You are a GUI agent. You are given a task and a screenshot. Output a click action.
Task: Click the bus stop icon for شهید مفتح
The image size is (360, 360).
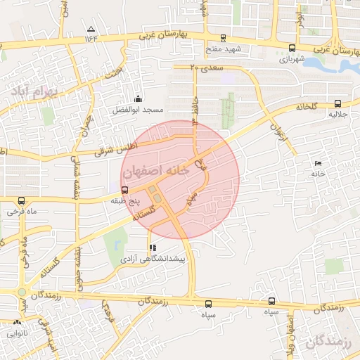pyautogui.click(x=224, y=39)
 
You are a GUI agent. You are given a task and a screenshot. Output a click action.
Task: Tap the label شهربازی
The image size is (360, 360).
pyautogui.click(x=292, y=59)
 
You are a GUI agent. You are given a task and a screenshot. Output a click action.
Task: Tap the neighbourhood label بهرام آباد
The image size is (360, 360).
pyautogui.click(x=40, y=91)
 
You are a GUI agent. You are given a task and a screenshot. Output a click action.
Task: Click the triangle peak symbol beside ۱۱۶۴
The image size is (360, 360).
pyautogui.click(x=90, y=29)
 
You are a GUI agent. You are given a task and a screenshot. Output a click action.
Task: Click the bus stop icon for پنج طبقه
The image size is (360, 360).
pyautogui.click(x=125, y=189)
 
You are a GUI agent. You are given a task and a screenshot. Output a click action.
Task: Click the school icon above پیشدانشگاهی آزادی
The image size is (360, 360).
pyautogui.click(x=153, y=247)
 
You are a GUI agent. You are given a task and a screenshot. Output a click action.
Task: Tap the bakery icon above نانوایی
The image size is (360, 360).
pyautogui.click(x=17, y=323)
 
